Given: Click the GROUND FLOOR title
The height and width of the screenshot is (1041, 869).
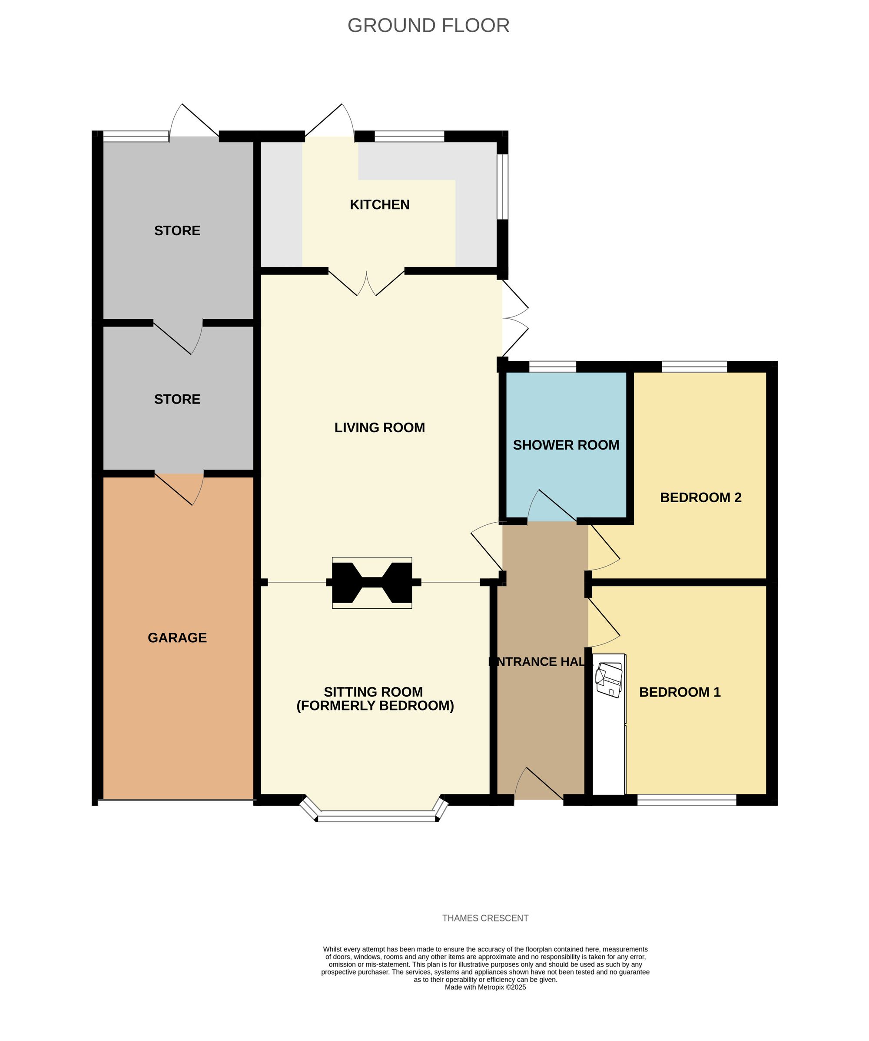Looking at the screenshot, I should [428, 26].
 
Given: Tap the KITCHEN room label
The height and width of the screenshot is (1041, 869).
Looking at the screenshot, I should [379, 205].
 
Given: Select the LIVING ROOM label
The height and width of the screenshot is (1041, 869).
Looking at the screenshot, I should [379, 427].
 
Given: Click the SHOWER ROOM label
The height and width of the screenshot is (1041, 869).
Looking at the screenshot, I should [566, 445].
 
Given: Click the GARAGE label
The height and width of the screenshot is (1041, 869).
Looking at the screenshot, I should [177, 638].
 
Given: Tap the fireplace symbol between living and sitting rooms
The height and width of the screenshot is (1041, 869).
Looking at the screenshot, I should [371, 583].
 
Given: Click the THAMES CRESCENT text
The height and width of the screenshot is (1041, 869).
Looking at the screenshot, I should [485, 918].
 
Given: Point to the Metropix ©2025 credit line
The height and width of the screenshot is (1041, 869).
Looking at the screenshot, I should [485, 987].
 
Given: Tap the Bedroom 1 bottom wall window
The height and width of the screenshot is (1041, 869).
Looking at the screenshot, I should [686, 800].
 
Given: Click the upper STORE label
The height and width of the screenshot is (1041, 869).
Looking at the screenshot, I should [177, 230].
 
